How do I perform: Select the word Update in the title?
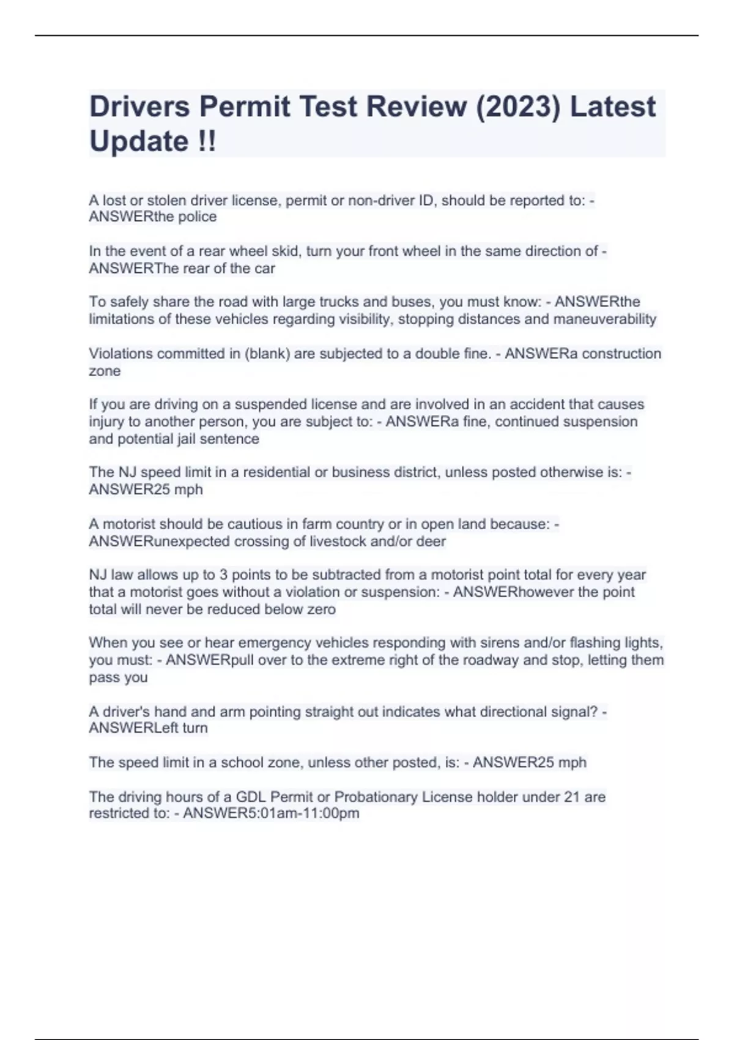coord(139,141)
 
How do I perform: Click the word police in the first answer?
coord(197,217)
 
